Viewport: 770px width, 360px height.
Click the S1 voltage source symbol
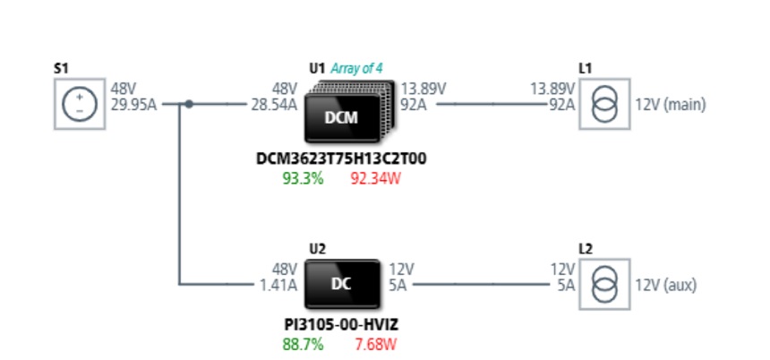pos(80,104)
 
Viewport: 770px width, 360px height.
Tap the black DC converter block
pos(342,285)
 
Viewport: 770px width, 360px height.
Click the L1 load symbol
pos(605,104)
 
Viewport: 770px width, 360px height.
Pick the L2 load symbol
pos(605,285)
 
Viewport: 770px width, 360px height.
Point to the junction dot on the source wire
pos(189,104)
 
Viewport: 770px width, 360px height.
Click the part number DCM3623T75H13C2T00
pos(341,159)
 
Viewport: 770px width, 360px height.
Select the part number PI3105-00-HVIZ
pos(341,325)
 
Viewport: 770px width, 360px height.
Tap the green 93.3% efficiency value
pos(303,178)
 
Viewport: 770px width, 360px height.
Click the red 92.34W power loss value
pos(376,178)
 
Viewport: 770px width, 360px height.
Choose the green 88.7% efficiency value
pos(303,344)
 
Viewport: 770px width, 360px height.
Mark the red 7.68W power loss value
pos(376,344)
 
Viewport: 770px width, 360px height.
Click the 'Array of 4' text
pos(356,68)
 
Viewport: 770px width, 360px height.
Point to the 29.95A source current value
pos(133,105)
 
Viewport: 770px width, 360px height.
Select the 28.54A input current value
pos(274,105)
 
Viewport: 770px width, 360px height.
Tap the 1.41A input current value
pos(278,286)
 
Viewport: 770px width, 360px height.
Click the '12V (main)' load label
pos(671,105)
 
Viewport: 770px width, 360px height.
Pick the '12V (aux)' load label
pos(666,286)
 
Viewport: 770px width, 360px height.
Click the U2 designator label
pos(317,249)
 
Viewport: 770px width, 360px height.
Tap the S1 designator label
pos(61,68)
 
